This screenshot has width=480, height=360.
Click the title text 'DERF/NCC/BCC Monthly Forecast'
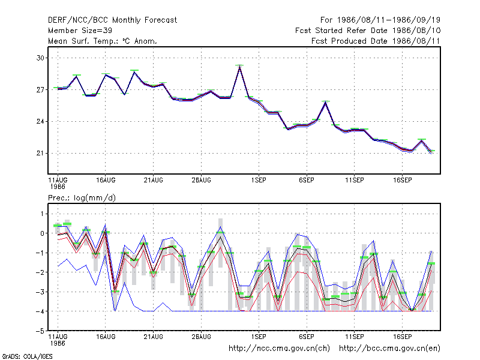[112, 20]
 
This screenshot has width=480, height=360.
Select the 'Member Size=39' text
[80, 31]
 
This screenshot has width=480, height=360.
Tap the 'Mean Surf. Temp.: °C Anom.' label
[102, 41]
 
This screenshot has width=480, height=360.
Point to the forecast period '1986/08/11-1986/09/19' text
[388, 20]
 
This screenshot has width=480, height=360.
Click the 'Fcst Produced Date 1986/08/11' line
[376, 41]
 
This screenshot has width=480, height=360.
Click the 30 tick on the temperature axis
[40, 58]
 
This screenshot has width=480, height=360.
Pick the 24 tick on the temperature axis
[40, 122]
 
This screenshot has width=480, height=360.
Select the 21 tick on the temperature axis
[40, 154]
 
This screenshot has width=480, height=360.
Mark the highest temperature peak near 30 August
[239, 65]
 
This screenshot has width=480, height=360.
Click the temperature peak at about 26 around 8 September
[326, 101]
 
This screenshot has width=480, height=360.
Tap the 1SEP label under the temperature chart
[259, 181]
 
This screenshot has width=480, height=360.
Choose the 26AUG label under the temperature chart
[201, 181]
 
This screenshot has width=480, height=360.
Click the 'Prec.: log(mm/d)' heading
[82, 198]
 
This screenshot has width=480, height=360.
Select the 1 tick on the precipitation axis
[42, 214]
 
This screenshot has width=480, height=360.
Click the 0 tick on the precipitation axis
[42, 233]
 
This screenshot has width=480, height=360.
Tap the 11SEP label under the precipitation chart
[355, 337]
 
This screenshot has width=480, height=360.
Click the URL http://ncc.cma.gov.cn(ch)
[279, 349]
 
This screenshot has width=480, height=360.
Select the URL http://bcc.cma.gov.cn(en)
[389, 349]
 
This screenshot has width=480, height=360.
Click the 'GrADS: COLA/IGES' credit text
[27, 356]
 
